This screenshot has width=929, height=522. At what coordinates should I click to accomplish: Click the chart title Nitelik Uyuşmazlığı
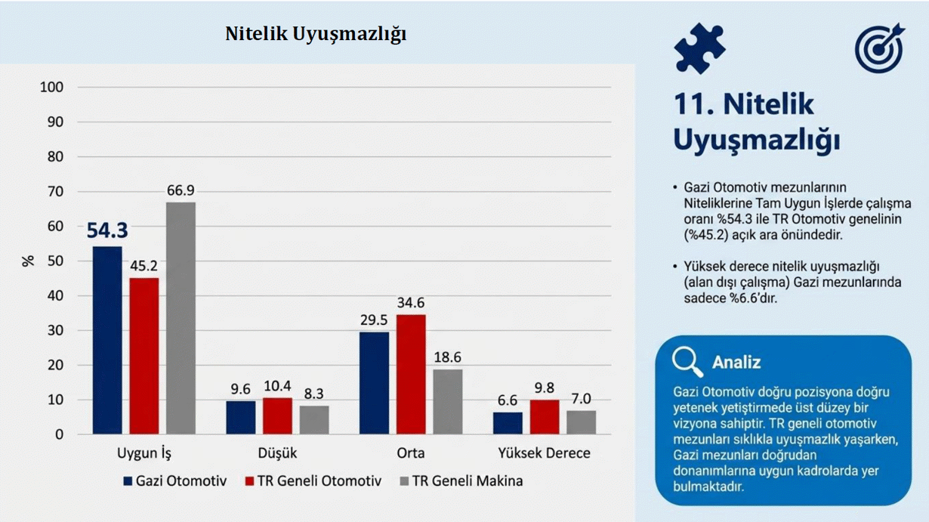coord(316,33)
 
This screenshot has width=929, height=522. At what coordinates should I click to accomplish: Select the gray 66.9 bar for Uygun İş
coord(181,318)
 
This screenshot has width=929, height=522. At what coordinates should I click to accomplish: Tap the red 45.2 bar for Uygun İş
coord(144,356)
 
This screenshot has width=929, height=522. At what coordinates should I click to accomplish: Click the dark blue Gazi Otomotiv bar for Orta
coord(374,383)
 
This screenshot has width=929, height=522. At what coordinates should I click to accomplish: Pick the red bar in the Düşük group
coord(277,416)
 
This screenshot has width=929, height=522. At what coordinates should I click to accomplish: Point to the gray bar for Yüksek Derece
coord(581,422)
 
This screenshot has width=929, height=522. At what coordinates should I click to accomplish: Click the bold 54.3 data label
coord(107,230)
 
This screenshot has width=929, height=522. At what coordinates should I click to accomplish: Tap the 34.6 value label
coord(411,302)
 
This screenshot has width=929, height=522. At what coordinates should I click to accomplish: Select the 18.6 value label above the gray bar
coord(447,357)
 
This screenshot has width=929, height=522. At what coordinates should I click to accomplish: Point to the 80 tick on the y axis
coord(55,156)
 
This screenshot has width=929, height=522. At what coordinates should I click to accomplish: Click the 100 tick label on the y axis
coord(52,87)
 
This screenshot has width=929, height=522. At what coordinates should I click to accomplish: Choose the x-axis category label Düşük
coord(277,453)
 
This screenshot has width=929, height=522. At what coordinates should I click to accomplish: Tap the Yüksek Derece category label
coord(544,453)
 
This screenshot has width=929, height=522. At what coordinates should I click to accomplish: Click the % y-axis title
coord(28,261)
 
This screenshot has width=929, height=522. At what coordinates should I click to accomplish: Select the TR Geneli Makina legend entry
coord(461,481)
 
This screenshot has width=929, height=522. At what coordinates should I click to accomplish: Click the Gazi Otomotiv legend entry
coord(175,481)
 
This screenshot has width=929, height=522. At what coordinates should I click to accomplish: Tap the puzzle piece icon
coord(699,48)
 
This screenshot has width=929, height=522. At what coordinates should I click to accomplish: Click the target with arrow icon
coord(880,48)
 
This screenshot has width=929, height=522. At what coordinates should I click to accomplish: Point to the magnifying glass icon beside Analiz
coord(687,362)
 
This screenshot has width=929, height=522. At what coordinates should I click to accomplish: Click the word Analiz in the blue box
coord(736,363)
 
